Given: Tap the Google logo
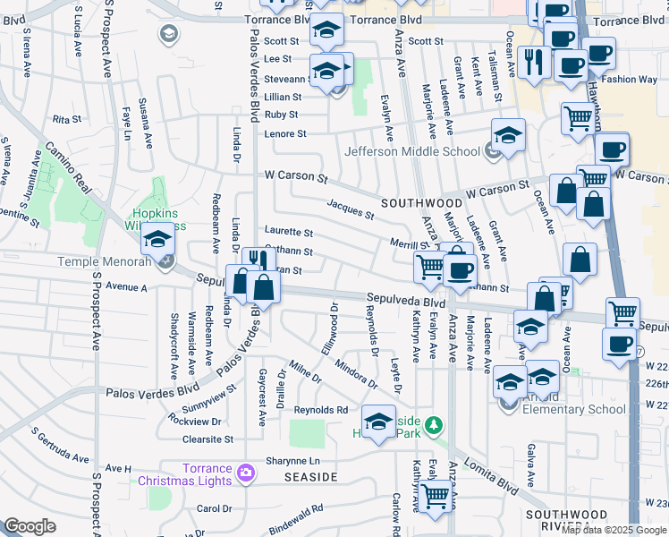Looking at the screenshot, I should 30,526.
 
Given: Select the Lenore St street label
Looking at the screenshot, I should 285,134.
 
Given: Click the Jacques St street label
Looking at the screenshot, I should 350,210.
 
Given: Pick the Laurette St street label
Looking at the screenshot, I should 287,232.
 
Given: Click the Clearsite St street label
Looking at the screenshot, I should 207,439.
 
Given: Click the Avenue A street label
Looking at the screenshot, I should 125,287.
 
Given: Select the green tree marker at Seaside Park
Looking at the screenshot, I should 434,423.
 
